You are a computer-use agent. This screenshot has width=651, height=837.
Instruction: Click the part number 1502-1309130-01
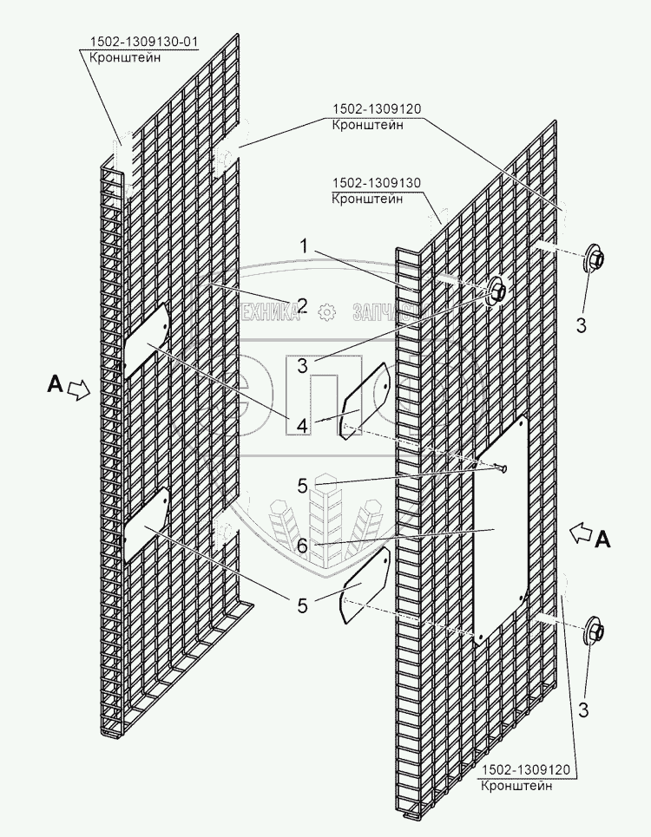pos(142,43)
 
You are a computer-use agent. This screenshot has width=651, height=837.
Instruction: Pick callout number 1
pos(303,247)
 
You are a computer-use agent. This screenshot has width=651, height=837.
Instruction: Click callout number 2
pos(302,304)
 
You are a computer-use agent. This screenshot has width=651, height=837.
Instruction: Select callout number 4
pos(302,426)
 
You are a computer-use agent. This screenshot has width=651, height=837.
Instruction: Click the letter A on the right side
pos(602,540)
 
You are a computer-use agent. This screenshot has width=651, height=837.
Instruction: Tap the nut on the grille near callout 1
pos(497,291)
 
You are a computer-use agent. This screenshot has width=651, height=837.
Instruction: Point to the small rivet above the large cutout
pos(501,469)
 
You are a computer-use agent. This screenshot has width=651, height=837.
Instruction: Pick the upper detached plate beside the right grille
pos(364,402)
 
